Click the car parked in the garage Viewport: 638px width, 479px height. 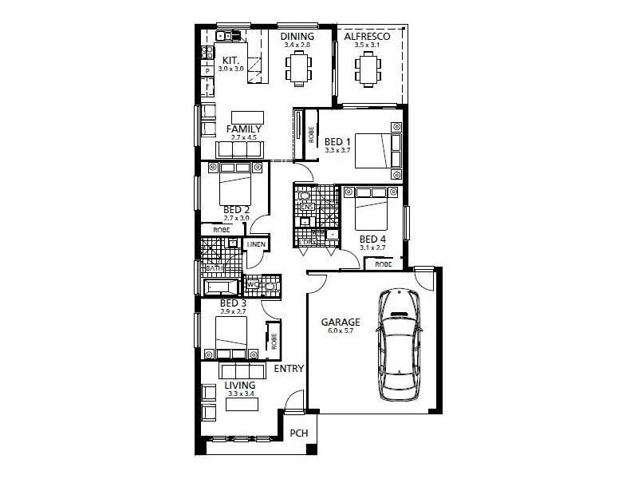[397, 344]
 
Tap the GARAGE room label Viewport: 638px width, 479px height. [341, 323]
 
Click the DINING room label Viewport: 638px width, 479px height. [297, 36]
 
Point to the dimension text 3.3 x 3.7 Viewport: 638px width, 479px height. [337, 150]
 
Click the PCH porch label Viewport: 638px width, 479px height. [298, 434]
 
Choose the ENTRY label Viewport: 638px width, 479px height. [289, 370]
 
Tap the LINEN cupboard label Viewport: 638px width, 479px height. [256, 244]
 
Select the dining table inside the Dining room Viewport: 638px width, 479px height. [300, 66]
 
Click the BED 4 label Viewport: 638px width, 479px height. [372, 239]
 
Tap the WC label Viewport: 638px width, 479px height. [252, 283]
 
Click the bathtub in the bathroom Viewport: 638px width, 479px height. [221, 287]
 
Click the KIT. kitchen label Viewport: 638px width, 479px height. [231, 60]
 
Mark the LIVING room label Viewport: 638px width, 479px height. [239, 385]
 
